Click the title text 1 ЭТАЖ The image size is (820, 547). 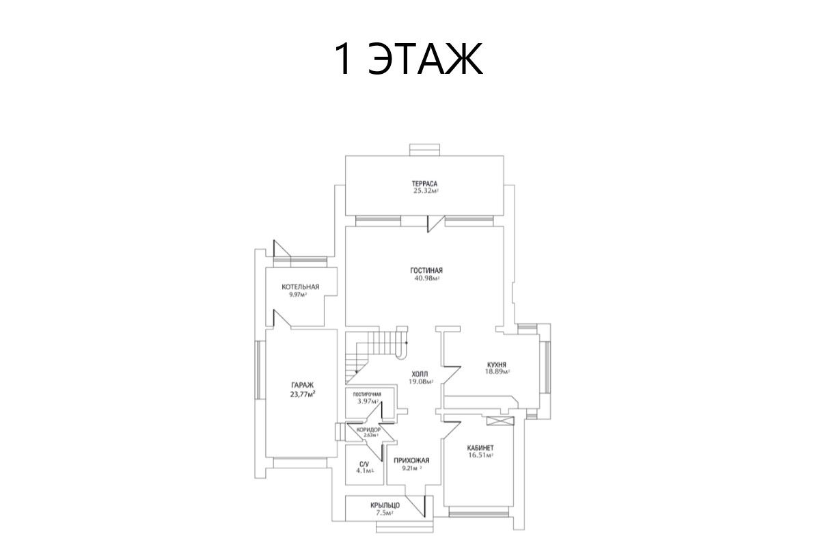point(409,59)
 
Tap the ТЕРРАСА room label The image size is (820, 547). point(424,183)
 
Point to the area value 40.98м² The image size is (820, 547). point(426,278)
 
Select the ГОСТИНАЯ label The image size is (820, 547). point(426,270)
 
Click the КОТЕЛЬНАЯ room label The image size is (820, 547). point(301,287)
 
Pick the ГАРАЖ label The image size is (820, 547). point(302,385)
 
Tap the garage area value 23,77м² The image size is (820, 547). point(303,395)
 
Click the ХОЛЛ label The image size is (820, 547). point(420,374)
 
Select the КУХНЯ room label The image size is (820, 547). point(497,364)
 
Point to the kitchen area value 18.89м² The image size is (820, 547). point(498,371)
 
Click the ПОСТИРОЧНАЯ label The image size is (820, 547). point(367,395)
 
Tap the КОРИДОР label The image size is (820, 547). point(368,429)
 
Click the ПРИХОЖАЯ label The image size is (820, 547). point(411,461)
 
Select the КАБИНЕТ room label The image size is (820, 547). point(480,448)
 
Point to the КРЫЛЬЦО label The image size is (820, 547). point(385,505)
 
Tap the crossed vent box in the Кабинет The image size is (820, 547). point(500,421)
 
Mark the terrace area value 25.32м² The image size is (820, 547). point(426,191)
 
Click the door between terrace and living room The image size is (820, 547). point(436,224)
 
